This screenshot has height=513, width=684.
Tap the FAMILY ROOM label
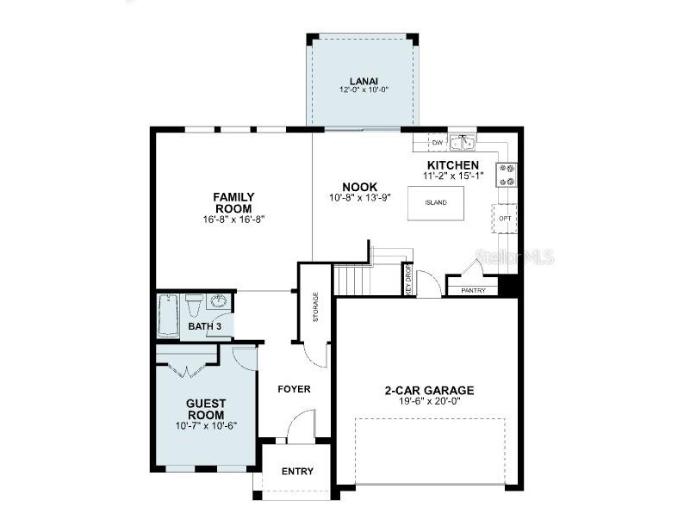coord(233,203)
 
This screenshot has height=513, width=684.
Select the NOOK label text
coord(359,187)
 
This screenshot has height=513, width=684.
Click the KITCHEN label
coord(453,165)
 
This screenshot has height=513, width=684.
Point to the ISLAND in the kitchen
coord(436,203)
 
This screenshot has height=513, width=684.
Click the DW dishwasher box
coord(437,142)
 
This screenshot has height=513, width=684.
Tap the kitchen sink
coord(463,142)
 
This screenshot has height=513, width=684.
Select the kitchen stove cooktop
coord(507,175)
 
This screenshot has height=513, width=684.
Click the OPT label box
coord(505,219)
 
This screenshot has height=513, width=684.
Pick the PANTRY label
coord(473,290)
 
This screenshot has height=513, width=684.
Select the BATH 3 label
coord(205,327)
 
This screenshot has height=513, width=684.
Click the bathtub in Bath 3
coord(167,317)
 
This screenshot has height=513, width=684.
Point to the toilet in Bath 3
coord(193,305)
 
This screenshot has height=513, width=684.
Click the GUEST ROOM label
coord(206,409)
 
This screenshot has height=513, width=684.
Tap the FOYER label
coord(294,389)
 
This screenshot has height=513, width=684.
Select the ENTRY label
coord(297,471)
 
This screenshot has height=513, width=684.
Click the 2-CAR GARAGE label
coord(429,390)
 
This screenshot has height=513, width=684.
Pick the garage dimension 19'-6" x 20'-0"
coord(429,401)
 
